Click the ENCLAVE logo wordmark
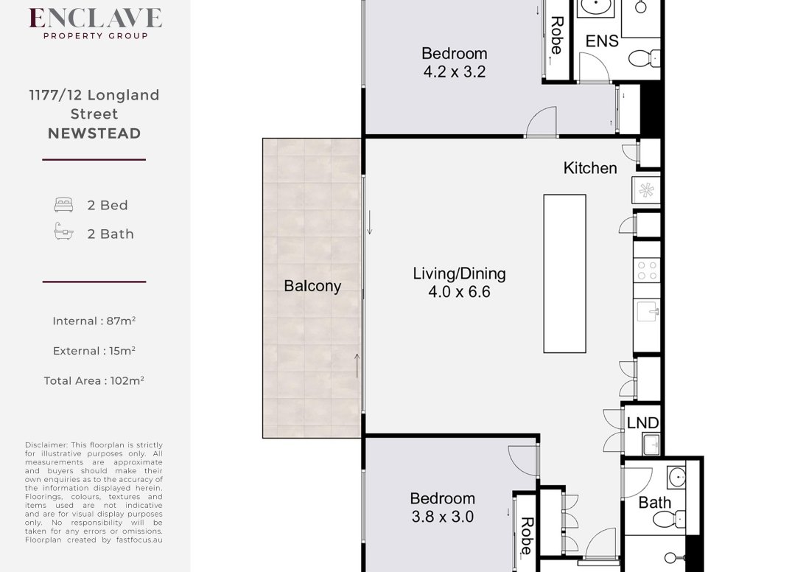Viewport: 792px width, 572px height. tap(96, 18)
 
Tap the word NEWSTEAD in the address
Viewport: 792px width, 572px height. tap(94, 133)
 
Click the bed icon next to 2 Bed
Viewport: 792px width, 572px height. tap(63, 205)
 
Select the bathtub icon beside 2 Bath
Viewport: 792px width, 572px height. tap(63, 231)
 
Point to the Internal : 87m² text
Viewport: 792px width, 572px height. tap(94, 321)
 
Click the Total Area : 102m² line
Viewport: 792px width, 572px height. tap(94, 380)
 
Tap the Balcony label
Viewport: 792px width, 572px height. tap(312, 286)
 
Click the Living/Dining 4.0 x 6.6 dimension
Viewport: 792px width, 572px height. tap(459, 292)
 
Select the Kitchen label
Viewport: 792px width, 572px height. tap(590, 168)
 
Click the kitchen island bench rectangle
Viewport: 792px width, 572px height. tap(564, 273)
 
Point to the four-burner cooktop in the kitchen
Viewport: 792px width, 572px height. tap(647, 271)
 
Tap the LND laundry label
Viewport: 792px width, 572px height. tap(642, 422)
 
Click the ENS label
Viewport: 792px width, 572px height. tap(602, 41)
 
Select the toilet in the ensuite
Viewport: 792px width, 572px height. tap(645, 58)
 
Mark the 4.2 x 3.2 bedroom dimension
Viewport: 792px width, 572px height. tap(455, 71)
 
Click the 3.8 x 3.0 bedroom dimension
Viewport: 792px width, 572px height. tap(443, 517)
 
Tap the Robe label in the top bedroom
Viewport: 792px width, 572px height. tap(557, 35)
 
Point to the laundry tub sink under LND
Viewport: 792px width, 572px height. tap(651, 444)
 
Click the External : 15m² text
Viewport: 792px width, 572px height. tap(94, 351)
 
